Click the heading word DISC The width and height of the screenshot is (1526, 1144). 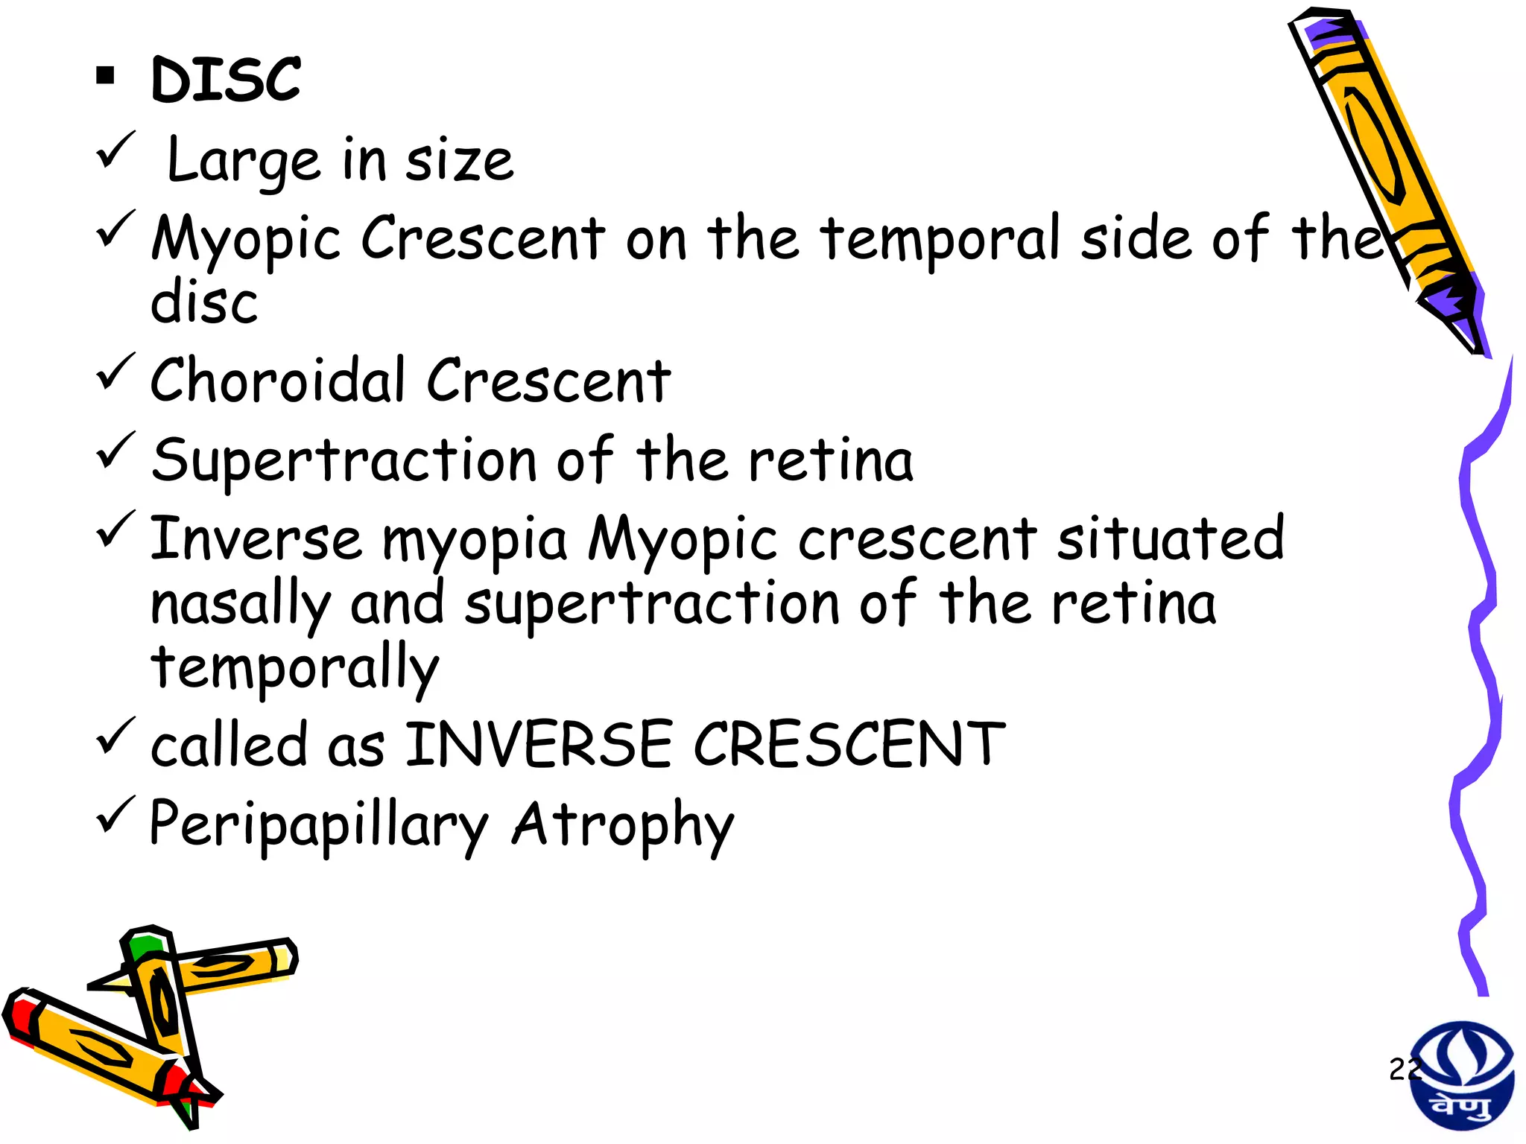226,80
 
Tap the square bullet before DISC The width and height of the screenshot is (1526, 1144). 105,75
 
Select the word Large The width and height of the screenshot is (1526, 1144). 242,160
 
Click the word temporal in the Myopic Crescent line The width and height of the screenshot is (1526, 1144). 940,239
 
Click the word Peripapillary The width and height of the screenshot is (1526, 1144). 318,825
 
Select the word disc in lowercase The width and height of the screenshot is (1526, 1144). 204,302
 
